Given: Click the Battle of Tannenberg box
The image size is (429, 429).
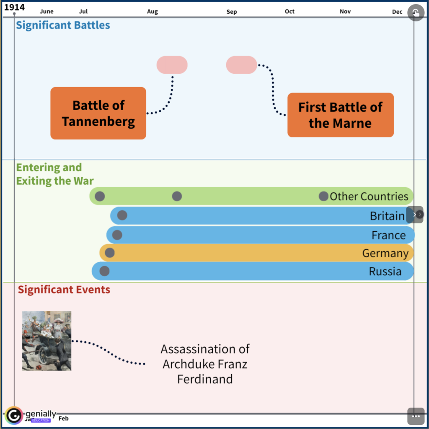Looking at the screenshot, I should (98, 113).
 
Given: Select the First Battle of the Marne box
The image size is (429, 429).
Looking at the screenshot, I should (340, 115).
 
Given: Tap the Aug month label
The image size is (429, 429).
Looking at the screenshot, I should (152, 12).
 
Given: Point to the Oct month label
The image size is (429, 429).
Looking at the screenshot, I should (289, 11).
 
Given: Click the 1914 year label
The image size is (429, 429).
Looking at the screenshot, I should (14, 8).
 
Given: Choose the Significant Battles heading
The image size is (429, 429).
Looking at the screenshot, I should (63, 25).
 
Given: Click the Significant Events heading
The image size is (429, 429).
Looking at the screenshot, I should (64, 289).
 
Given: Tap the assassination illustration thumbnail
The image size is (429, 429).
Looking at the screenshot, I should (47, 341).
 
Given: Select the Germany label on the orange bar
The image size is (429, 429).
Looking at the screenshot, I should (385, 253).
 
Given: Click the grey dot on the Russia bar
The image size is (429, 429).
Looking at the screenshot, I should (104, 271).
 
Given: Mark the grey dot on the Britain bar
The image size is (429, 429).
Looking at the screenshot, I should (122, 215).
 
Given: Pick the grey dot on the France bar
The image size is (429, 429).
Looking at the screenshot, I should (117, 235).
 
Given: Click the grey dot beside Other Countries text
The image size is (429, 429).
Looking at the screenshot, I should (323, 196).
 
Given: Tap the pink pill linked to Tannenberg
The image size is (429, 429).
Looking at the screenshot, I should (172, 65).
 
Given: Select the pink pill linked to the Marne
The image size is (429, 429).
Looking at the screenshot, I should (241, 65).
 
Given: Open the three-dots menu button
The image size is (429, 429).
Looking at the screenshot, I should (416, 416).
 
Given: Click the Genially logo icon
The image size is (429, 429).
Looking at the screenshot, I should (14, 415).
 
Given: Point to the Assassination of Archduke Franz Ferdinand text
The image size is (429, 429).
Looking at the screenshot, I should (205, 364).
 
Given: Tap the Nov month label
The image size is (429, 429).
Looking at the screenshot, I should (345, 11).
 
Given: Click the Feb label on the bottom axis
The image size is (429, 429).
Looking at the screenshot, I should (64, 418).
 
